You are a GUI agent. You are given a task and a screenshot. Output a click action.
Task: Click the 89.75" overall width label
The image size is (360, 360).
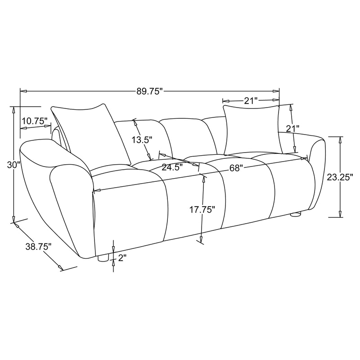[149, 91]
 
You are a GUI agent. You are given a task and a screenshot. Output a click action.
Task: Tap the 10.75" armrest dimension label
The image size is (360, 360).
[34, 121]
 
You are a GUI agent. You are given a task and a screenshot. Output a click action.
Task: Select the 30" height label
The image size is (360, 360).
[14, 165]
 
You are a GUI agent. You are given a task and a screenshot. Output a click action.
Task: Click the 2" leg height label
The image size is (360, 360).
[122, 257]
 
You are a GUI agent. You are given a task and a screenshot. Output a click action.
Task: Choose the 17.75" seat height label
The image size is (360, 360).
[201, 209]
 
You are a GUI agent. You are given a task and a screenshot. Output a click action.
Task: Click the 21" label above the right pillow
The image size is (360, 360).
[250, 101]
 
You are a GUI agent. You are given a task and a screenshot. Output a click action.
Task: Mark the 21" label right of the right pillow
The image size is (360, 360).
[292, 129]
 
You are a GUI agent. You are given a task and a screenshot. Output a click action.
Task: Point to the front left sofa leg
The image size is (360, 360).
[103, 258]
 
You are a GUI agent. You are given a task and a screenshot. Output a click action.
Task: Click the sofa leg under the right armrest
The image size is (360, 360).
[295, 215]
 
